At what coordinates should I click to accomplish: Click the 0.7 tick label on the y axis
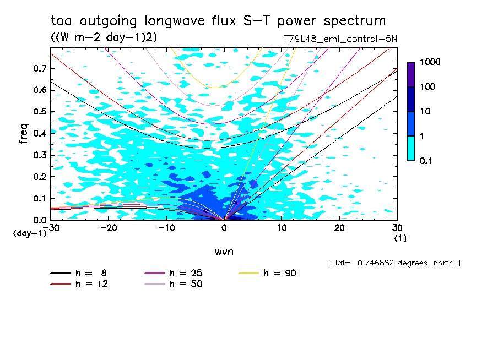click(39, 68)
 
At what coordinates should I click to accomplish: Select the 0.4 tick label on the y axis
click(39, 133)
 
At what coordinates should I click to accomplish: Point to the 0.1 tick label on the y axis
click(39, 199)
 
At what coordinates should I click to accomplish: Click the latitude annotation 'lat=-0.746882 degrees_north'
click(394, 263)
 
